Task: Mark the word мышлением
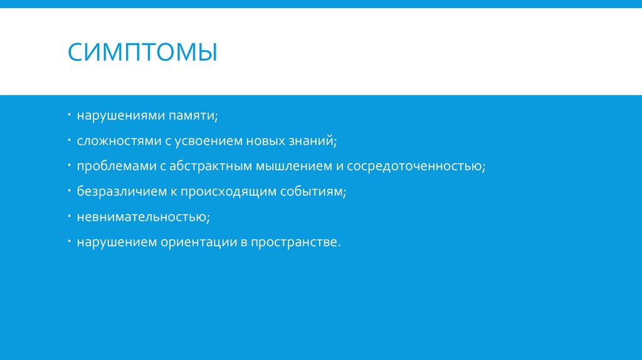click(288, 167)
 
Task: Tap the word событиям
click(313, 192)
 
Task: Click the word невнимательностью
click(143, 217)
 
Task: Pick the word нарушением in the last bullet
click(117, 242)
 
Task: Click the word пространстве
click(295, 242)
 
